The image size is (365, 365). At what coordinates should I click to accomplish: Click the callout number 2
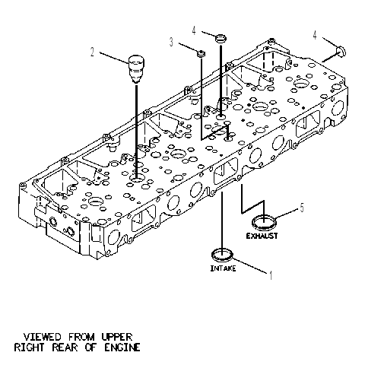click(92, 52)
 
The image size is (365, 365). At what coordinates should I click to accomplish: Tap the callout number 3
click(172, 42)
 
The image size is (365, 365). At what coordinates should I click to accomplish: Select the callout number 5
click(302, 208)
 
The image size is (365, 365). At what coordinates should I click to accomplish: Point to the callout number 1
click(271, 275)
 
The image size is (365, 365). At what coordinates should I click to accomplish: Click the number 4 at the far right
click(315, 35)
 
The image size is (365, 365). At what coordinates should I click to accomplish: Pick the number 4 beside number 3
click(194, 30)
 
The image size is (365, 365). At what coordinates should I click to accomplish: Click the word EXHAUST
click(262, 236)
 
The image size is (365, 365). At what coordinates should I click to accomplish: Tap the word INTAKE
click(223, 268)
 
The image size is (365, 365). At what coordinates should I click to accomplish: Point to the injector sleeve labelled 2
click(136, 69)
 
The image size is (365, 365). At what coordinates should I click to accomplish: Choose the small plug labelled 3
click(202, 54)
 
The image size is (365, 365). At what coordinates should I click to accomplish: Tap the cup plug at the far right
click(341, 51)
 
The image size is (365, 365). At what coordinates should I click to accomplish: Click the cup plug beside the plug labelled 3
click(221, 39)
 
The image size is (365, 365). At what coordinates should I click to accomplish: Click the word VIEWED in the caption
click(43, 337)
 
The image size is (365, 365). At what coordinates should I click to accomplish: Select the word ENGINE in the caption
click(122, 348)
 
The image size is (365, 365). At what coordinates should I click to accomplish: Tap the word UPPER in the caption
click(116, 337)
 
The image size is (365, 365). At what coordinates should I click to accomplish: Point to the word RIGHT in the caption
click(29, 348)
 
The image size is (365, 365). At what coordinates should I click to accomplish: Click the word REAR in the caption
click(65, 348)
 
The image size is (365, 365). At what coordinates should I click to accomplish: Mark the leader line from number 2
click(114, 58)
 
